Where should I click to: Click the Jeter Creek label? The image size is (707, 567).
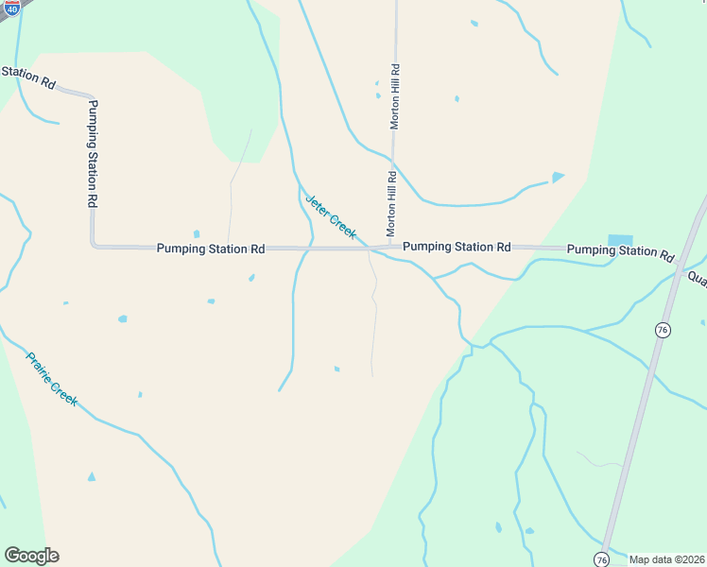331,217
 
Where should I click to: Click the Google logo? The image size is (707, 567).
31,556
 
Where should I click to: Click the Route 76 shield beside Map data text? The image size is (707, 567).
601,559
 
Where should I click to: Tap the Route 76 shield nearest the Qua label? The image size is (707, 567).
663,329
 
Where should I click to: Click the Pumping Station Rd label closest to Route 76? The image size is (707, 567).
620,252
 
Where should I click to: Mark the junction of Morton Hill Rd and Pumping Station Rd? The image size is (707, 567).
390,248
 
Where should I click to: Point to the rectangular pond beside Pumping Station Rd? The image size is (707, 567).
620,239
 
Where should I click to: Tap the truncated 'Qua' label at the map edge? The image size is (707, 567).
697,279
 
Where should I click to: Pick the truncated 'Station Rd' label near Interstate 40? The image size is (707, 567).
27,77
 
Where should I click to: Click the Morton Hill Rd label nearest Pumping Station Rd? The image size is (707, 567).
391,204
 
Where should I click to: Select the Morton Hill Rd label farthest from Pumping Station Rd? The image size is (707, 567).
396,96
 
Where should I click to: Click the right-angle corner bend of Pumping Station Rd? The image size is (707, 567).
94,245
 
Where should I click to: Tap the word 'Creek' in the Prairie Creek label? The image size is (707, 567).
64,392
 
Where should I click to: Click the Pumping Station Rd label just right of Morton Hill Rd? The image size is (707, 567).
457,247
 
